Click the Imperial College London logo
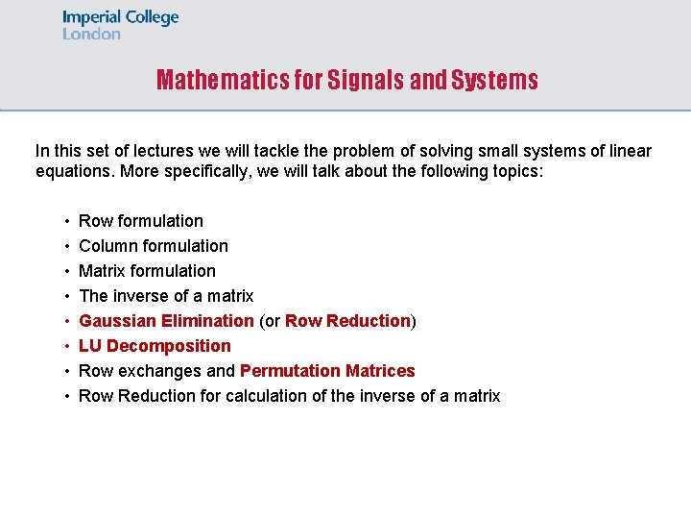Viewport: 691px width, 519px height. coord(120,25)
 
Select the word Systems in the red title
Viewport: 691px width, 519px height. coord(494,80)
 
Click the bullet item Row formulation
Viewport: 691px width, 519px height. coord(141,221)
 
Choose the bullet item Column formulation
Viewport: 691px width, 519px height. coord(154,246)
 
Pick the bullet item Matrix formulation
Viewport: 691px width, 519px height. coord(147,271)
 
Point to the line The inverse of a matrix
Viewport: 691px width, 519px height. coord(166,296)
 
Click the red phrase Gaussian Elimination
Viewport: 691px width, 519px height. coord(166,321)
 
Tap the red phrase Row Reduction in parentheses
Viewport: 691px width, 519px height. coord(348,321)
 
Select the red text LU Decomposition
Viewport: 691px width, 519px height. coord(155,346)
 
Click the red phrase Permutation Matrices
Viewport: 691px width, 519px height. coord(327,371)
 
